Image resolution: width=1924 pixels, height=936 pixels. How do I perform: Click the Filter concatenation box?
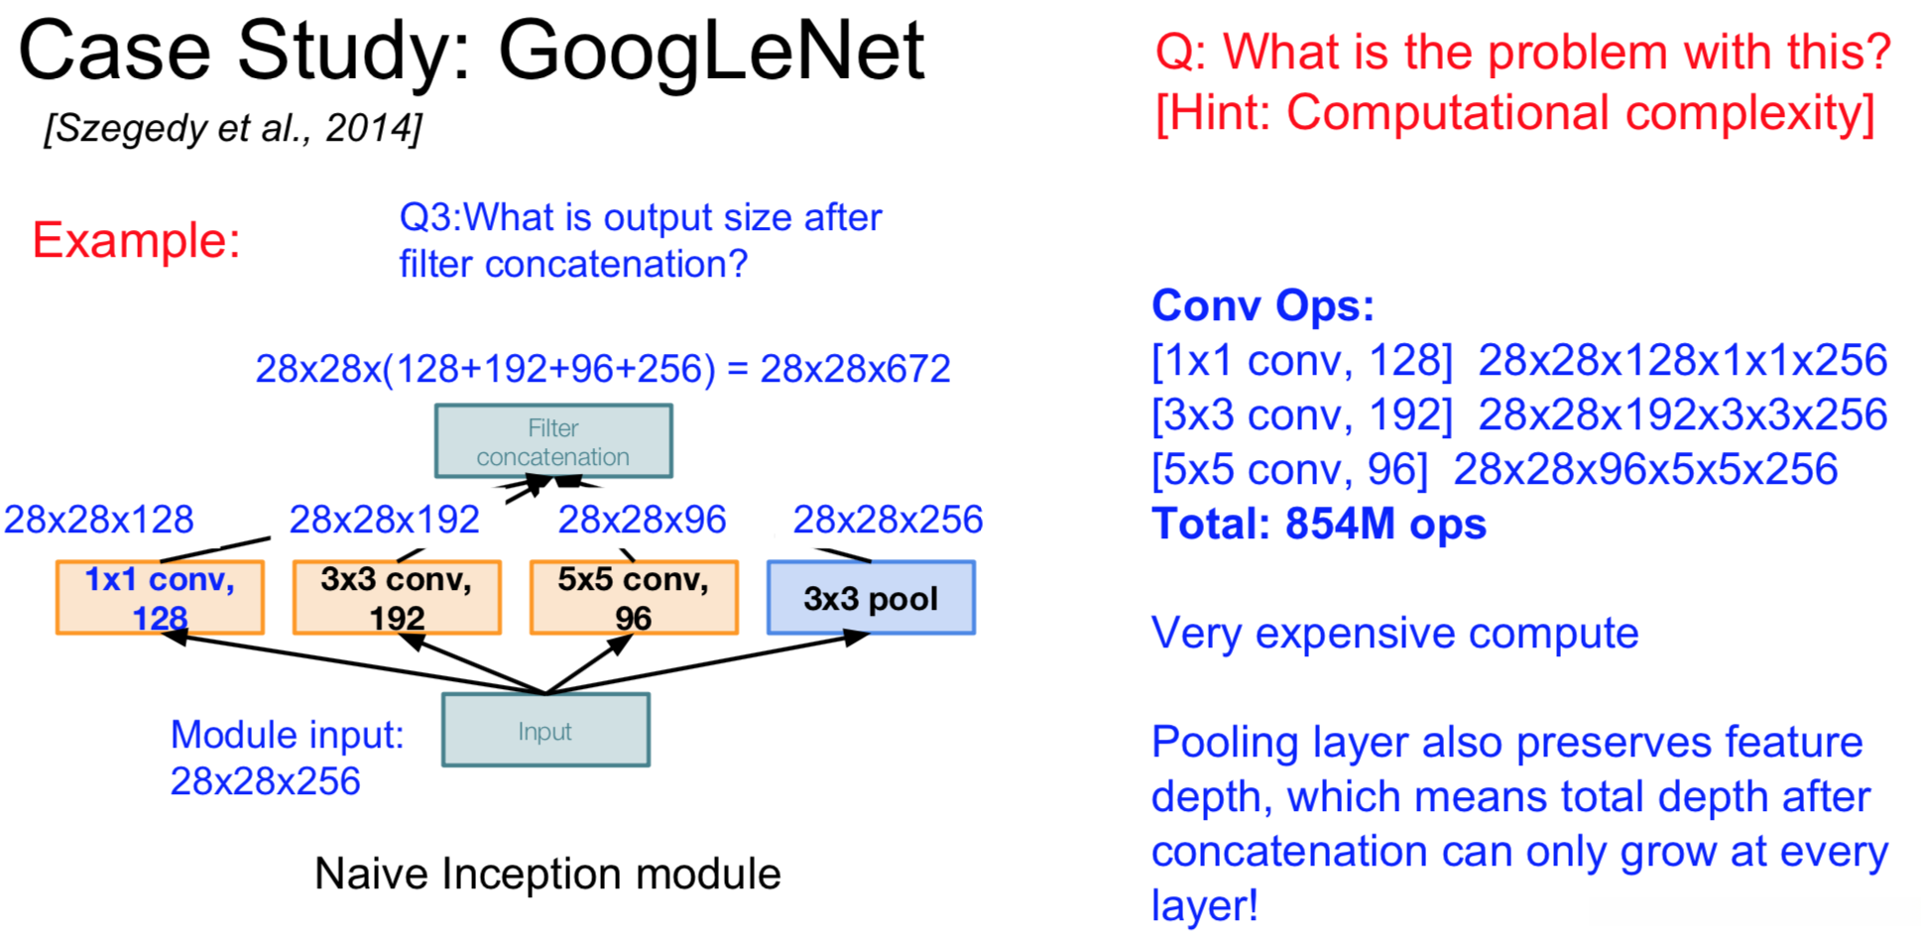point(553,441)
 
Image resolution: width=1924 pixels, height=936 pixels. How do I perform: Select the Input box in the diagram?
point(545,730)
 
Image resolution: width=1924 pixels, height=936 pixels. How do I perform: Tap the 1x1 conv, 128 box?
point(160,597)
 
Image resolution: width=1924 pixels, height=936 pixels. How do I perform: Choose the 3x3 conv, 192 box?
point(397,597)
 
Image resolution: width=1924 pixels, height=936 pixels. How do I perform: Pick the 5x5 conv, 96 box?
point(634,597)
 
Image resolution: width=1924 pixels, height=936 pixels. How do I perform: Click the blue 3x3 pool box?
point(871,597)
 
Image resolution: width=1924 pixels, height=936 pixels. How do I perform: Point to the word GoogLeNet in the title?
point(711,52)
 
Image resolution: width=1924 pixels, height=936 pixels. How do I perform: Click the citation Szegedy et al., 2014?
point(233,129)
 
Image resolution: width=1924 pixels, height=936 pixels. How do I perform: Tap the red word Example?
point(137,240)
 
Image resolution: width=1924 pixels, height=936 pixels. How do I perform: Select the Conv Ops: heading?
point(1263,305)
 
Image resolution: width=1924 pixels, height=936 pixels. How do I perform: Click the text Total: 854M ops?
point(1318,524)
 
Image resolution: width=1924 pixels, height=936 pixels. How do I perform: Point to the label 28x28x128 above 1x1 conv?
point(99,520)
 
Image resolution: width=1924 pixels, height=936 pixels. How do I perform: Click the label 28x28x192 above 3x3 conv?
point(385,520)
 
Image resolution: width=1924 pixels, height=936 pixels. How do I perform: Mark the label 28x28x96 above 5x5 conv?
point(643,520)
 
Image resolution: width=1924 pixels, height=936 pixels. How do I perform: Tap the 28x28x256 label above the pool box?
point(888,520)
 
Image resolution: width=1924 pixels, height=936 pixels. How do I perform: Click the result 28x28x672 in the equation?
point(855,369)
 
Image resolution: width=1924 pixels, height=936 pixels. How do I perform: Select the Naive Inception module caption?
point(547,874)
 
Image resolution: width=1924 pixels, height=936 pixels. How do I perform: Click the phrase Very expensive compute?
point(1394,634)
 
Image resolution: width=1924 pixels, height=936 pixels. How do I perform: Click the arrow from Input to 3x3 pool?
point(707,663)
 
